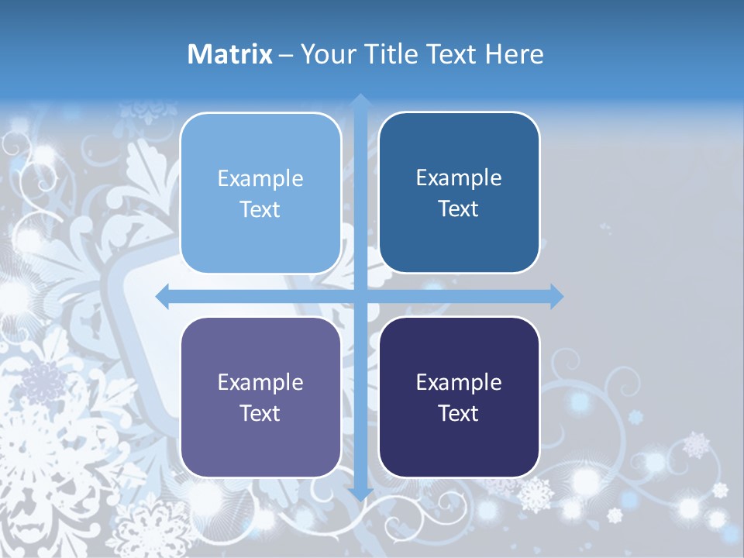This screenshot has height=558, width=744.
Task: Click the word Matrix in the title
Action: tap(230, 54)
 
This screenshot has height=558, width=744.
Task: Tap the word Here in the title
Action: tap(514, 54)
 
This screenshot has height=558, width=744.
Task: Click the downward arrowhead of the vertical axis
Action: tap(360, 494)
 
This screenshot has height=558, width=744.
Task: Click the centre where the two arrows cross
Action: tap(360, 296)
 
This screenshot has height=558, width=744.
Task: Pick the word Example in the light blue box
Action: tap(260, 179)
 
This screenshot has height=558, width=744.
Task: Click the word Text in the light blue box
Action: tap(260, 210)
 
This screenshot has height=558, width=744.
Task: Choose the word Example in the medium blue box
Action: tap(459, 178)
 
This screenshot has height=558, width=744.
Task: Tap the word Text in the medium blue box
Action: tap(459, 209)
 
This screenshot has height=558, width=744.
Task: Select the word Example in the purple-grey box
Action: tap(260, 382)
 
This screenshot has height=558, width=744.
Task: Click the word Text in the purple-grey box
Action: tap(260, 413)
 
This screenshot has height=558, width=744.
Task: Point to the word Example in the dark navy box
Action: tap(459, 382)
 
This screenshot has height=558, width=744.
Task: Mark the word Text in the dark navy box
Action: tap(459, 413)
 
